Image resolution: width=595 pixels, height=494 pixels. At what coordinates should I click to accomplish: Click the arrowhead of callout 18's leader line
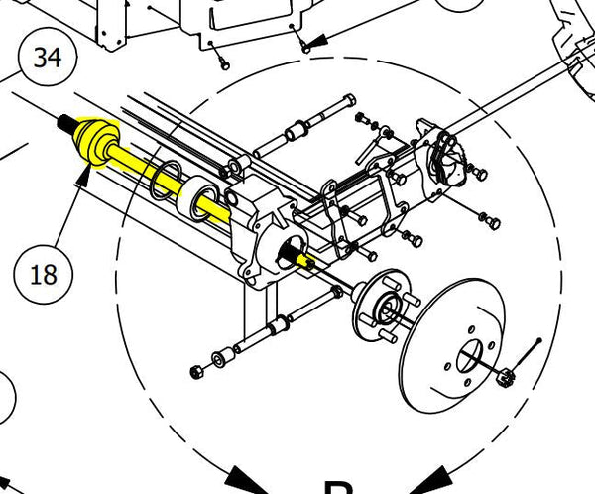tap(85, 179)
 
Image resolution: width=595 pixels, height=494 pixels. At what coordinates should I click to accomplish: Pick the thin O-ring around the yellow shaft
tap(163, 179)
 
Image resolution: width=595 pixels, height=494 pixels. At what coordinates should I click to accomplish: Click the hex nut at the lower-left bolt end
tap(195, 372)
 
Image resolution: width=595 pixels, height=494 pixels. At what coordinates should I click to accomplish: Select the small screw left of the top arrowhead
tap(224, 62)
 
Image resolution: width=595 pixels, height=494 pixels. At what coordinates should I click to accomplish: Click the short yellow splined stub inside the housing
tap(307, 260)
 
